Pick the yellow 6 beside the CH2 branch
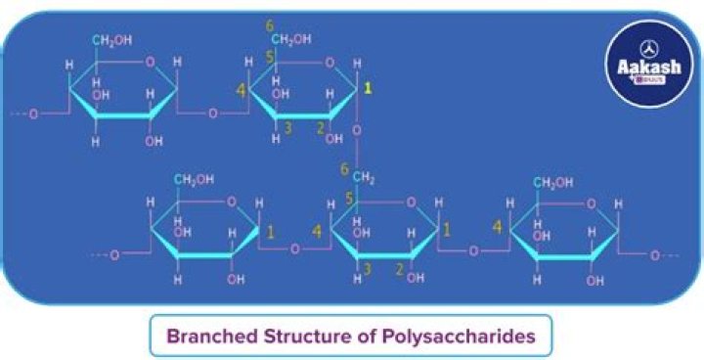pos(344,170)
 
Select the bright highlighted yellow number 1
pos(368,89)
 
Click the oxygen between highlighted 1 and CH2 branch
pos(358,130)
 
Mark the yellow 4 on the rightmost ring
pos(497,228)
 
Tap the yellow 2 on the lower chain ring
pos(399,269)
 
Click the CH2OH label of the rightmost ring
pos(552,183)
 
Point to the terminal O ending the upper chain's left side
pos(33,113)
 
